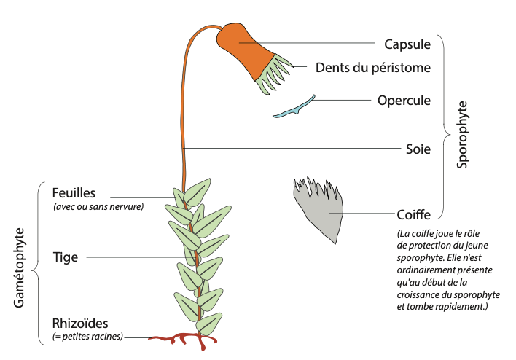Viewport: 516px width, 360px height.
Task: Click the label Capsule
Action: pyautogui.click(x=407, y=44)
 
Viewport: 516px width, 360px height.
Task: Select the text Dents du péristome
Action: pyautogui.click(x=373, y=68)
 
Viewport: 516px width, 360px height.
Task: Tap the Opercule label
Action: pyautogui.click(x=404, y=100)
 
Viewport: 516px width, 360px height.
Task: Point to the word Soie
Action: pyautogui.click(x=418, y=150)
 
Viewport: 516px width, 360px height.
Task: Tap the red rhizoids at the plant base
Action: pyautogui.click(x=182, y=339)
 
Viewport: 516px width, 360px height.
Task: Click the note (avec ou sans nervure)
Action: pyautogui.click(x=98, y=206)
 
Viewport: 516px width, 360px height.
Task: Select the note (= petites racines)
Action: pyautogui.click(x=87, y=336)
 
